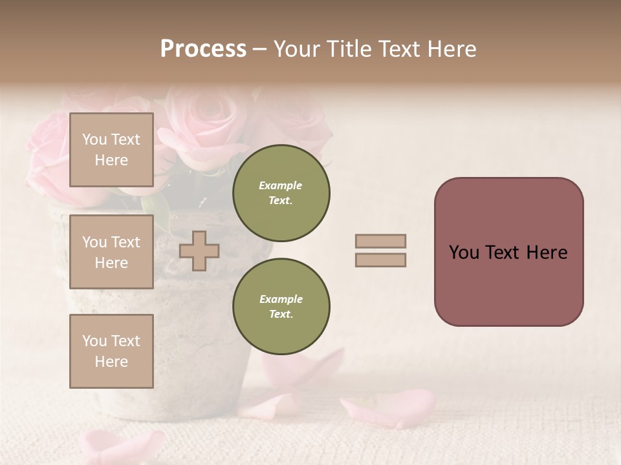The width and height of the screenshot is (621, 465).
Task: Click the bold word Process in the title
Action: point(203,49)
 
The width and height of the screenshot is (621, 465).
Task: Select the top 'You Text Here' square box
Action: point(111,150)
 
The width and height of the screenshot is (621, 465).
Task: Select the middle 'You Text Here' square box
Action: point(111,252)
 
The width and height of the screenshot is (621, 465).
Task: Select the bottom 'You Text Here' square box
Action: point(111,351)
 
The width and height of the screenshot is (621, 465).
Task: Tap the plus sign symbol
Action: point(199,251)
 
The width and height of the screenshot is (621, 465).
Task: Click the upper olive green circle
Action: point(281,193)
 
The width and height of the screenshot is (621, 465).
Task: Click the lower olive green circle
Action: point(281,307)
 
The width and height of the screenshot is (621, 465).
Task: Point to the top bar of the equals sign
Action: point(380,241)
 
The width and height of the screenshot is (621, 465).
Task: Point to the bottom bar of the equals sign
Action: point(380,260)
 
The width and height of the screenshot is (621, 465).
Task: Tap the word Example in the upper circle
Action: point(281,185)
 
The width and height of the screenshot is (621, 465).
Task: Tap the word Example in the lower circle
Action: point(281,299)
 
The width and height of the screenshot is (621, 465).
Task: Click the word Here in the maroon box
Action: point(547,253)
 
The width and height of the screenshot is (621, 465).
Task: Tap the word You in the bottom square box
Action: point(94,341)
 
